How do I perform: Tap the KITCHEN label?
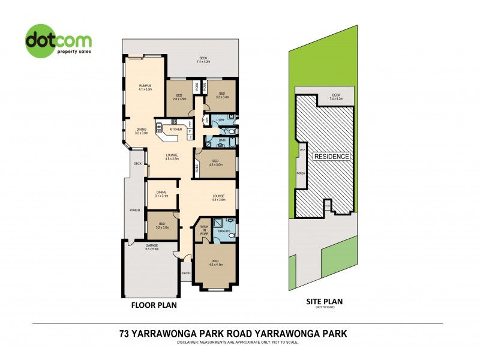point(176,129)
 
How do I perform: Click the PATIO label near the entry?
point(186,273)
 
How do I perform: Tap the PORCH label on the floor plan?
point(136,210)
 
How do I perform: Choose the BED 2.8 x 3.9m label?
point(180,97)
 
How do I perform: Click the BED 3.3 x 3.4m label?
point(221,94)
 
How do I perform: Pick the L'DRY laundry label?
point(221,120)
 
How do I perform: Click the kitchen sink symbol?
point(160,127)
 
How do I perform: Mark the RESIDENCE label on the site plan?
point(331,157)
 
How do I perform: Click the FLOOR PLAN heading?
point(154,305)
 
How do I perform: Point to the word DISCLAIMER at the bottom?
point(191,342)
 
